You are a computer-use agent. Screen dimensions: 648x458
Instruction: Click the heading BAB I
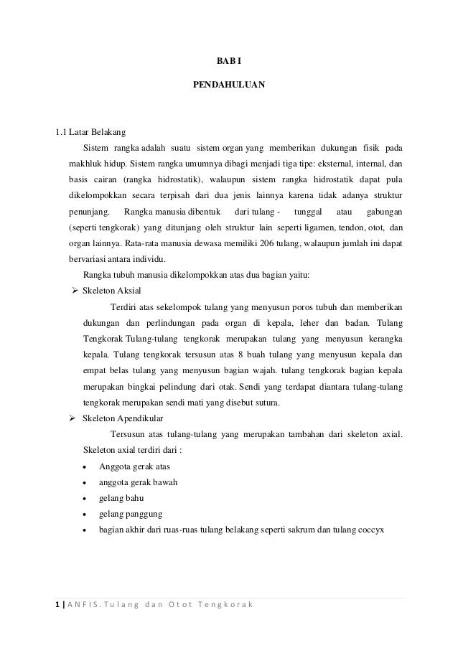(229, 61)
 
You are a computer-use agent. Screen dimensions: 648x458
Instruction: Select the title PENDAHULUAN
(229, 85)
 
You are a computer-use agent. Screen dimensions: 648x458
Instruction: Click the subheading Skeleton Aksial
(112, 291)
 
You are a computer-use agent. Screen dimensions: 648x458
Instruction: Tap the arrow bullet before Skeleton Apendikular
(73, 417)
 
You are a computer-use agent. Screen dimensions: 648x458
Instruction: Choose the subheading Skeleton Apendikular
(123, 417)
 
